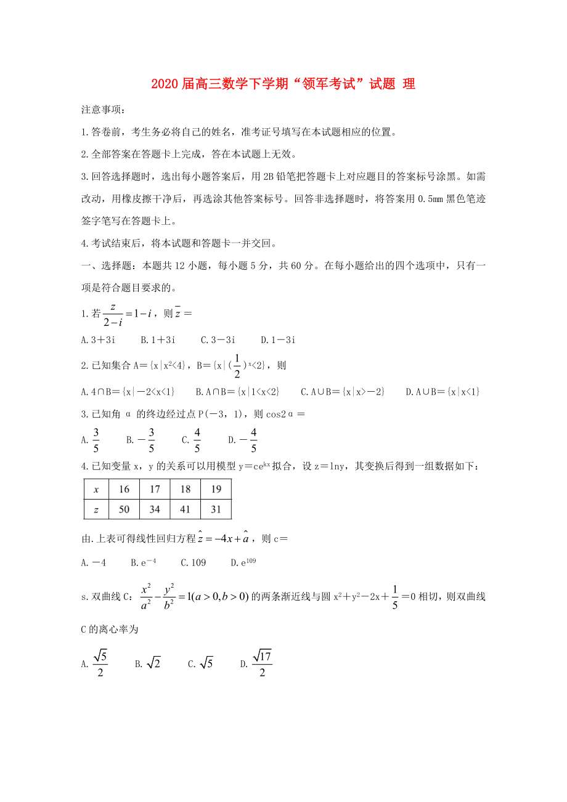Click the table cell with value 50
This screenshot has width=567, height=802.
point(124,509)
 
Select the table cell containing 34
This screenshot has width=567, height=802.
point(155,509)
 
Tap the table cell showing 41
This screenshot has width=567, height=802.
point(186,509)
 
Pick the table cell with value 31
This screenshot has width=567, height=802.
point(216,509)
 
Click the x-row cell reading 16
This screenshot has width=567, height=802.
point(124,489)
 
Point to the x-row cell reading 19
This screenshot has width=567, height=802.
point(216,489)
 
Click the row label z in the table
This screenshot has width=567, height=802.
point(96,509)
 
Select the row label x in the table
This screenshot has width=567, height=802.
point(96,489)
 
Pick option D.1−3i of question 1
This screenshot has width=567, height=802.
point(278,339)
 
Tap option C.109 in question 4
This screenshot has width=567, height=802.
point(193,562)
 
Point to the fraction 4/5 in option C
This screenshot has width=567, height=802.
point(197,439)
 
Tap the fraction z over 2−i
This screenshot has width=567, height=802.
point(112,314)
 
